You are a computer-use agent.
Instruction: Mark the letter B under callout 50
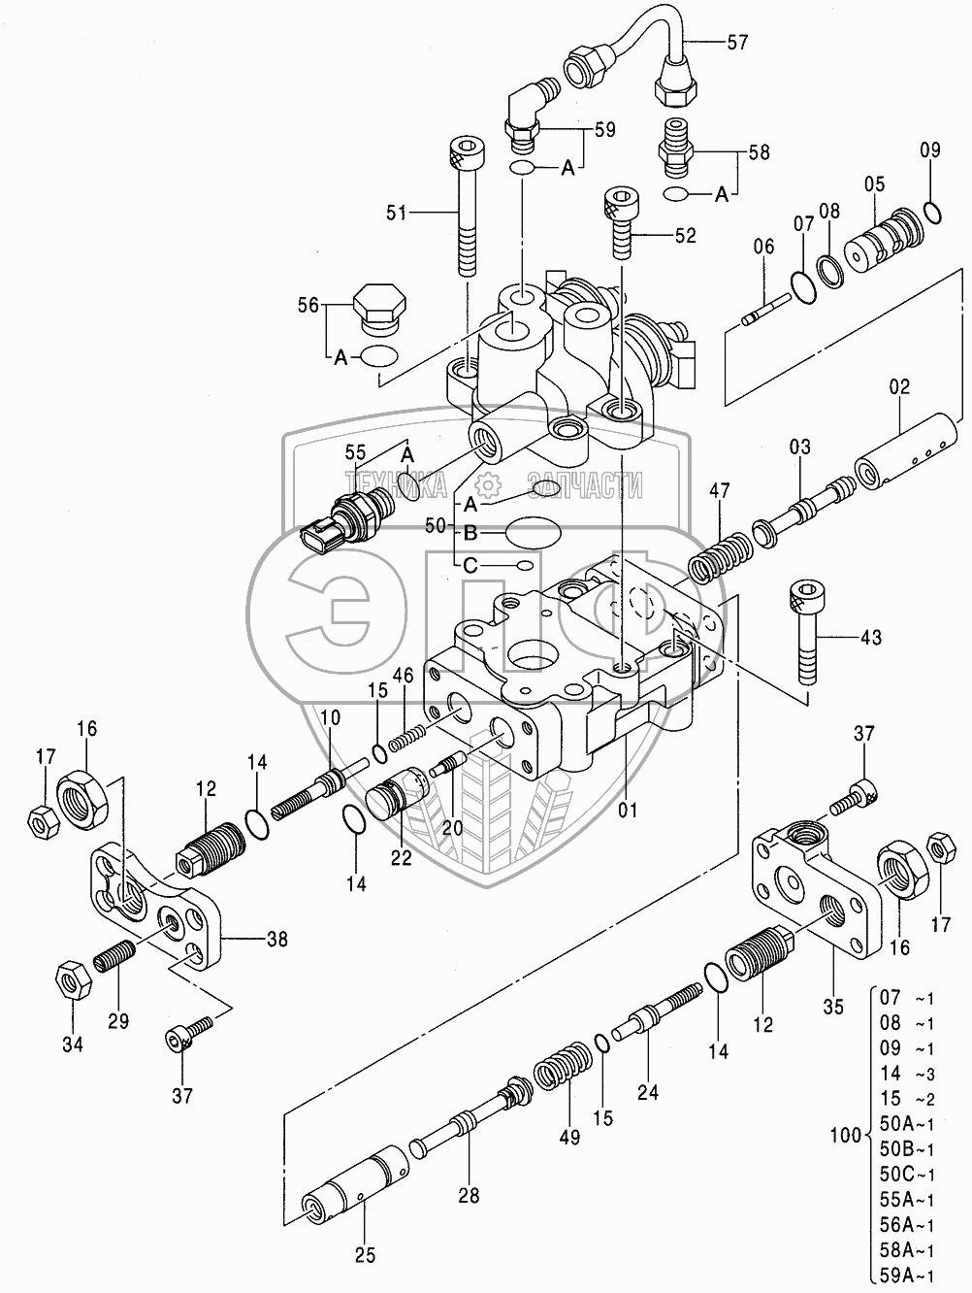(470, 532)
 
